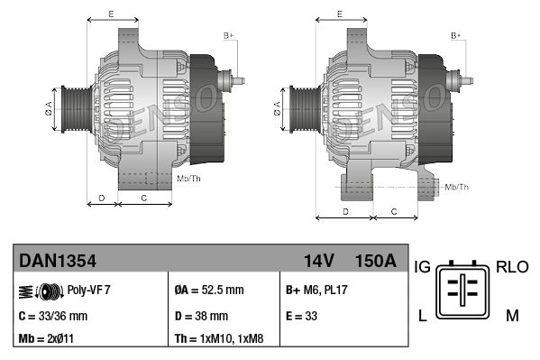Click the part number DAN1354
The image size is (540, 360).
coord(58,261)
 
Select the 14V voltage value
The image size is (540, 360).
coord(318,261)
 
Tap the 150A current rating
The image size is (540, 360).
coord(375,261)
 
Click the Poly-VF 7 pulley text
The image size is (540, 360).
coord(88,290)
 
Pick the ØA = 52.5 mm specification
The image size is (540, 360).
coord(208,290)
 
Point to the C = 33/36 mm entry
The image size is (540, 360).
coord(52,316)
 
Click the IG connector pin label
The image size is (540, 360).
coord(421,267)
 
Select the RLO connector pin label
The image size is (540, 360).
coord(511,267)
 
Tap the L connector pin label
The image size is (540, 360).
coord(420,314)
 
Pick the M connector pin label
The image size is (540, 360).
coord(511,314)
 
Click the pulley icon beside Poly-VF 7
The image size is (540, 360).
coord(41,290)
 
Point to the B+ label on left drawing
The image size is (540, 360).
coord(228,36)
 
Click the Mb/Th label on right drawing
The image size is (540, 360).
coord(457,187)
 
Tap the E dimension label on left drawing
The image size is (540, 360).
coord(110,14)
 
